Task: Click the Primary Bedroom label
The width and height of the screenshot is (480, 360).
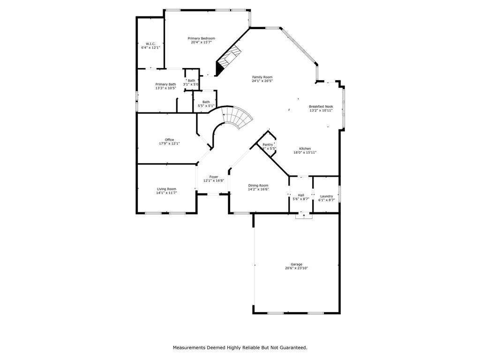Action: click(x=201, y=38)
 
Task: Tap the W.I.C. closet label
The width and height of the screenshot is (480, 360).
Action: click(x=150, y=44)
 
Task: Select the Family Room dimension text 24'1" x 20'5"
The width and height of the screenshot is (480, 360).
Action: click(x=262, y=81)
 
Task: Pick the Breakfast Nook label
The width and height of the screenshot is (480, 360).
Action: click(x=321, y=106)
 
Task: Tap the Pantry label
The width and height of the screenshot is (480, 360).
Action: click(x=268, y=145)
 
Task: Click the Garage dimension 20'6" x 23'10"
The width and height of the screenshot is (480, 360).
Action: click(x=296, y=269)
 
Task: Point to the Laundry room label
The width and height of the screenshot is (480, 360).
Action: click(x=326, y=196)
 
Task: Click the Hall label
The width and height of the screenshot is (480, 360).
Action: click(x=301, y=195)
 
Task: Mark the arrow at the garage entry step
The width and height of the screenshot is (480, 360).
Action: click(x=304, y=216)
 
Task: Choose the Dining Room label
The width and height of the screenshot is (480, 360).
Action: click(x=258, y=185)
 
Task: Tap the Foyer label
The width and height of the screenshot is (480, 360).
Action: click(x=214, y=177)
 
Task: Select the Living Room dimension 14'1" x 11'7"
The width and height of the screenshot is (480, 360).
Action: click(x=166, y=193)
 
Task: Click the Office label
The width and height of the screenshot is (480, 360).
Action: click(x=169, y=140)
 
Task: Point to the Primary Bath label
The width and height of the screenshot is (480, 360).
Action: click(x=165, y=84)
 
